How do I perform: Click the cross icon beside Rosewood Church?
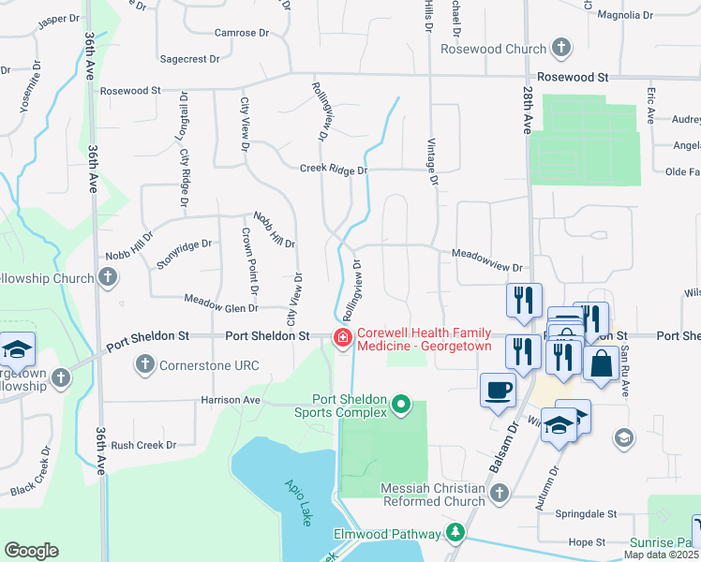[x=560, y=48]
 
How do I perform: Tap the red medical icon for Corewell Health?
[x=343, y=337]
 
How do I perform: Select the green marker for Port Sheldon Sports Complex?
[x=401, y=405]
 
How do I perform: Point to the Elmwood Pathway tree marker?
[x=455, y=533]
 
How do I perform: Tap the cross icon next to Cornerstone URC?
[x=144, y=363]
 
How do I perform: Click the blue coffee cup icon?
[x=498, y=389]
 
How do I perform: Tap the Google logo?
[x=31, y=551]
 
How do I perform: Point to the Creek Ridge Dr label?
[x=333, y=170]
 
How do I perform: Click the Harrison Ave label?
[x=230, y=399]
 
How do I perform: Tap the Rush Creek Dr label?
[x=143, y=445]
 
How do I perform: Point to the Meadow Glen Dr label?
[x=220, y=307]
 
